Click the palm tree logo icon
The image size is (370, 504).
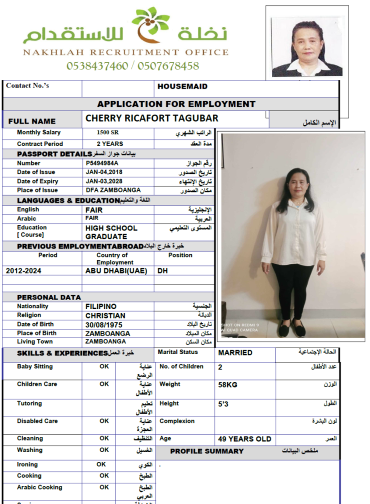[150, 25]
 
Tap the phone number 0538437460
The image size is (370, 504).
[97, 66]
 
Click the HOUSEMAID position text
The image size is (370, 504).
[182, 86]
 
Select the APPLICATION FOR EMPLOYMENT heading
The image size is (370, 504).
[176, 104]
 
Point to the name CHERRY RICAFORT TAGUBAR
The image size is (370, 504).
[152, 119]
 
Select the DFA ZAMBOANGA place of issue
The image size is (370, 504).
[113, 190]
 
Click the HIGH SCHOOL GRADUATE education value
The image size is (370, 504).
[111, 232]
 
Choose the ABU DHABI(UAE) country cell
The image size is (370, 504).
[116, 271]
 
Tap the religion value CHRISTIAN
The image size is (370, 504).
[105, 316]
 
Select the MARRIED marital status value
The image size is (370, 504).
[235, 353]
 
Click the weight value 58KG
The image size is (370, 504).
[228, 385]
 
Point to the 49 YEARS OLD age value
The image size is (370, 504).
[245, 439]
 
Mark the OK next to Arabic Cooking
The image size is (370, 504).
[104, 487]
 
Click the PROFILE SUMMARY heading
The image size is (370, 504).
[207, 451]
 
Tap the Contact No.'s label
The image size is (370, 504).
[27, 85]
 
